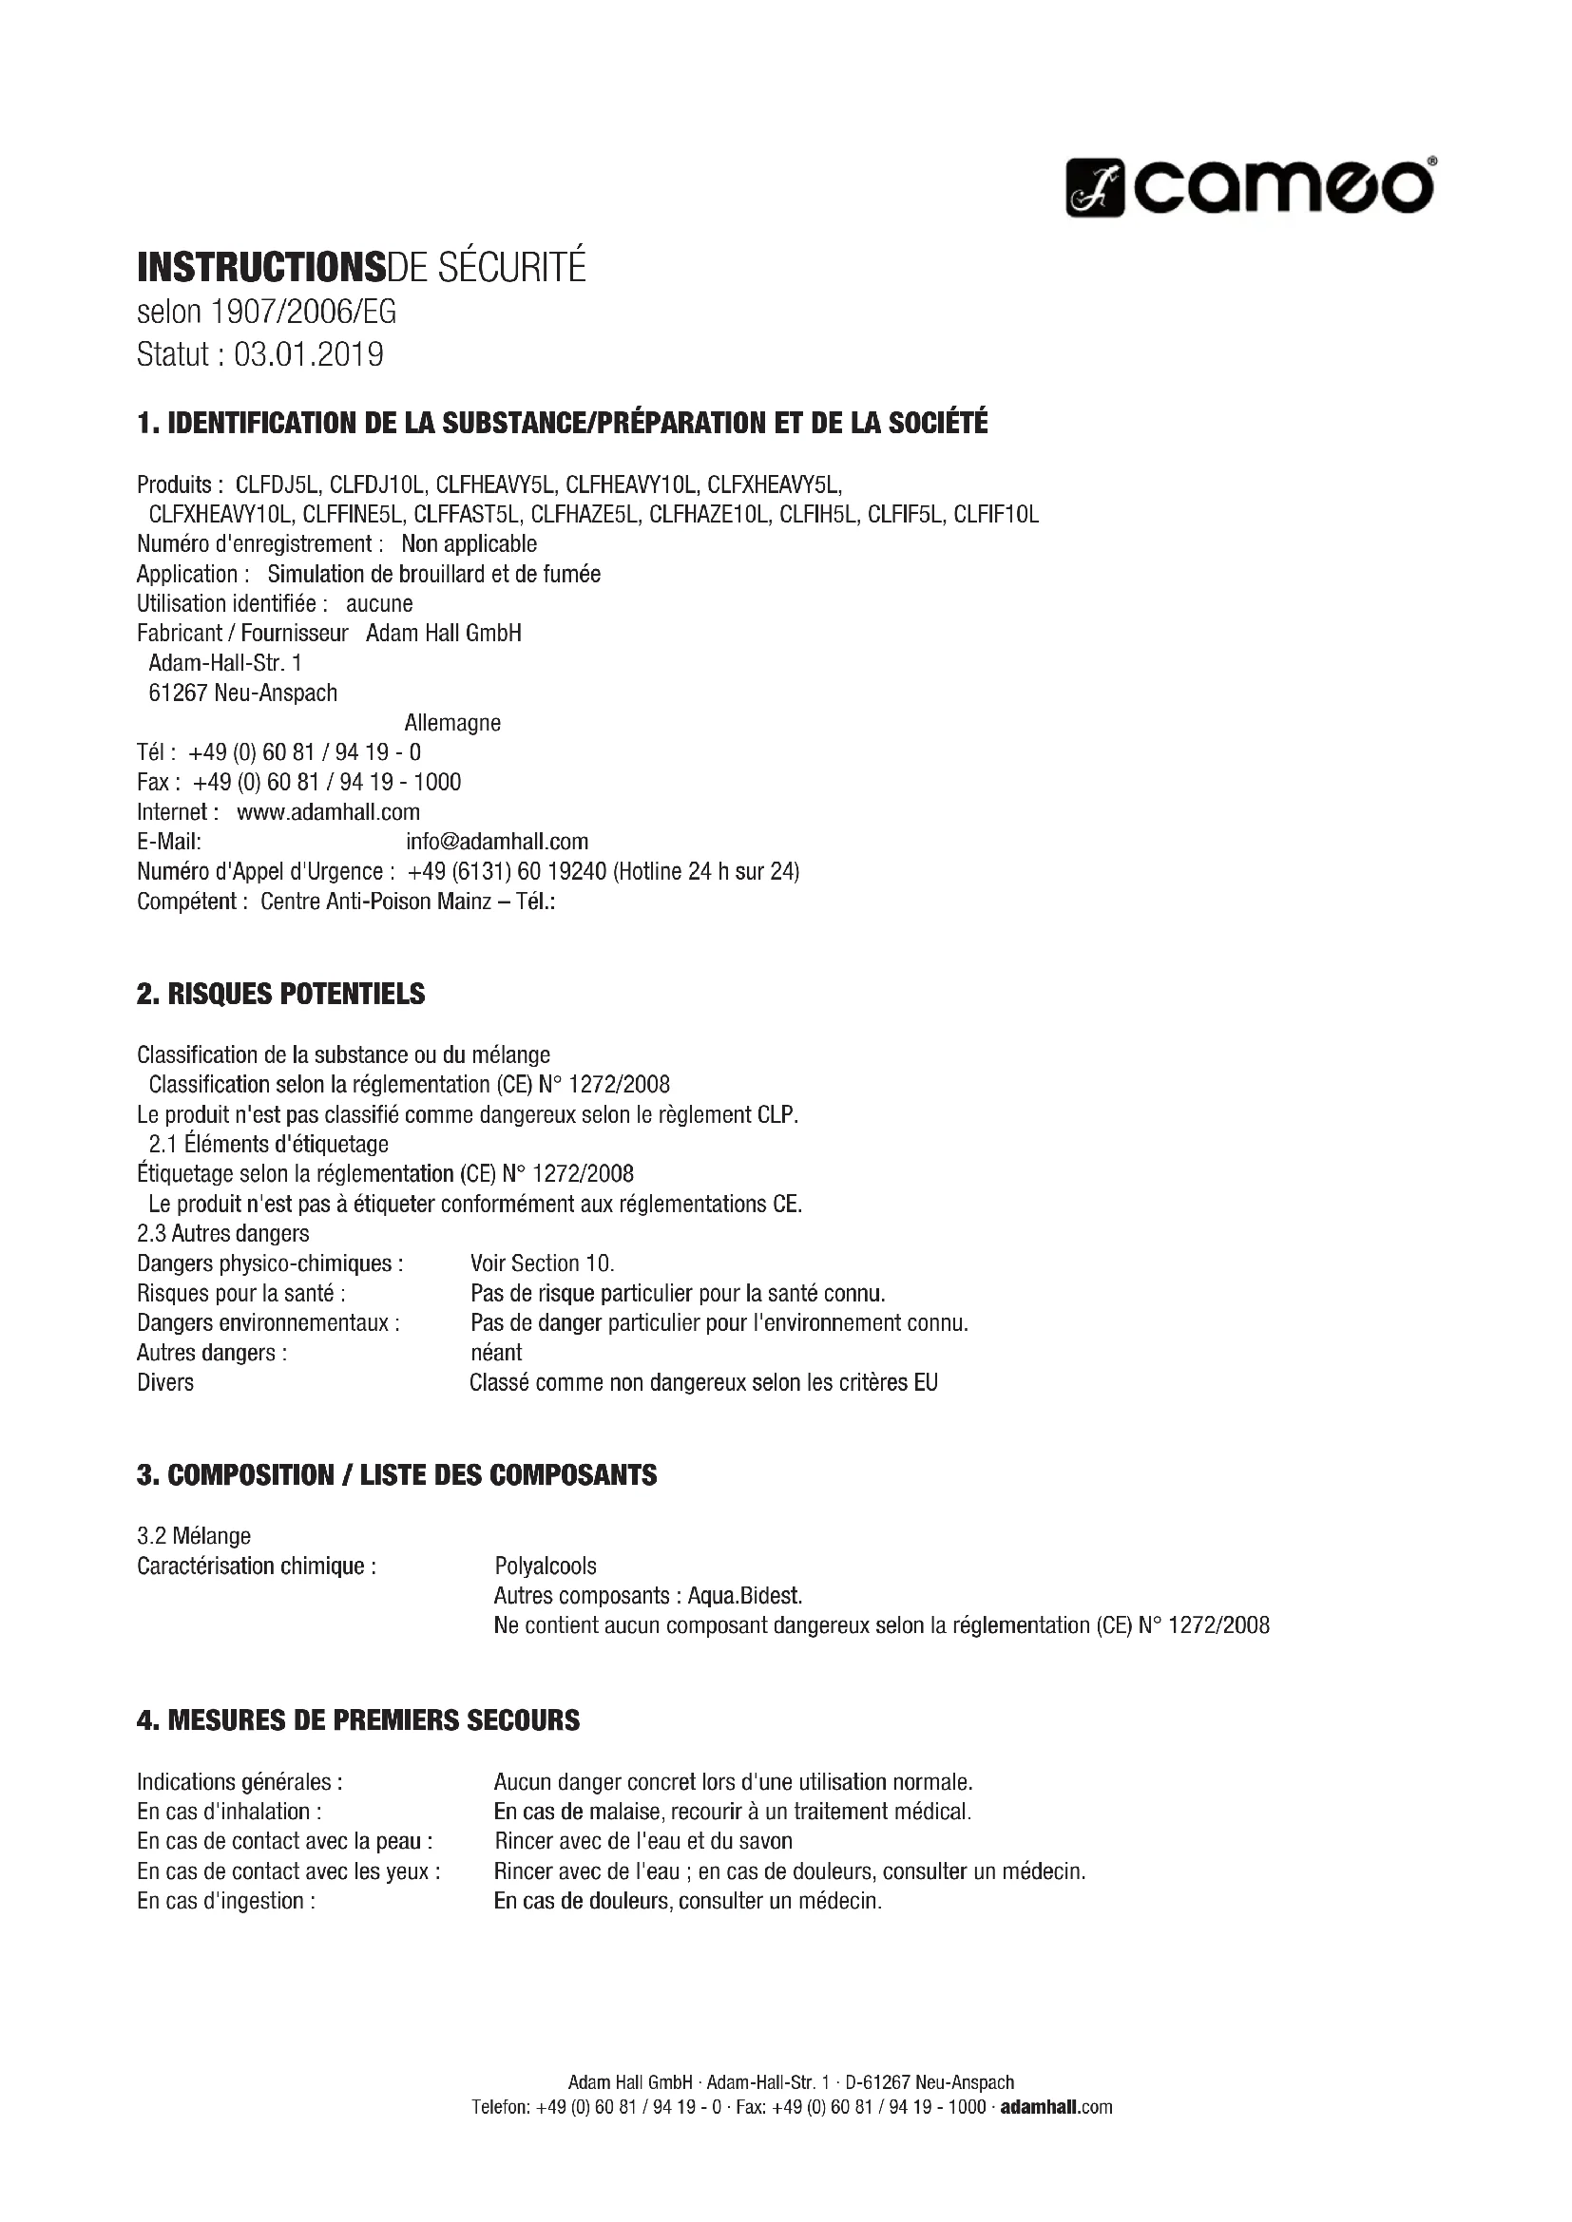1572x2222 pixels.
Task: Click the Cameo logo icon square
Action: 1095,188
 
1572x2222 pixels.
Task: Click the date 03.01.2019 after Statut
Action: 309,355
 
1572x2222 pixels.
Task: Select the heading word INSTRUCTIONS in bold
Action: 260,267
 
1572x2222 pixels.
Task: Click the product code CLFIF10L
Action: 995,515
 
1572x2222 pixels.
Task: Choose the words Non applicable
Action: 469,544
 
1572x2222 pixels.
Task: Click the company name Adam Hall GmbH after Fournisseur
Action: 443,634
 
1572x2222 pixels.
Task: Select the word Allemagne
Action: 452,723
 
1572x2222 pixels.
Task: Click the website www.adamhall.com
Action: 328,812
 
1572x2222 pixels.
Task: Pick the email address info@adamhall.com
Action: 496,842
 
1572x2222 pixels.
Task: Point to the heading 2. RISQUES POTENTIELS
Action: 280,994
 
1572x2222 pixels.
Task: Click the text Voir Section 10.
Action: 542,1263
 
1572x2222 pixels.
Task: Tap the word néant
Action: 495,1353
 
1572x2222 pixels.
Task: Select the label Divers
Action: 165,1383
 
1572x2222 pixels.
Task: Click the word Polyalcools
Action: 545,1566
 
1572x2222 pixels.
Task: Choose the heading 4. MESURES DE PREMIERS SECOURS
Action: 358,1720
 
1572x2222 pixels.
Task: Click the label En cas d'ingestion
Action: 225,1901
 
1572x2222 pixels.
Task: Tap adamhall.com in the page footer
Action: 1055,2108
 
